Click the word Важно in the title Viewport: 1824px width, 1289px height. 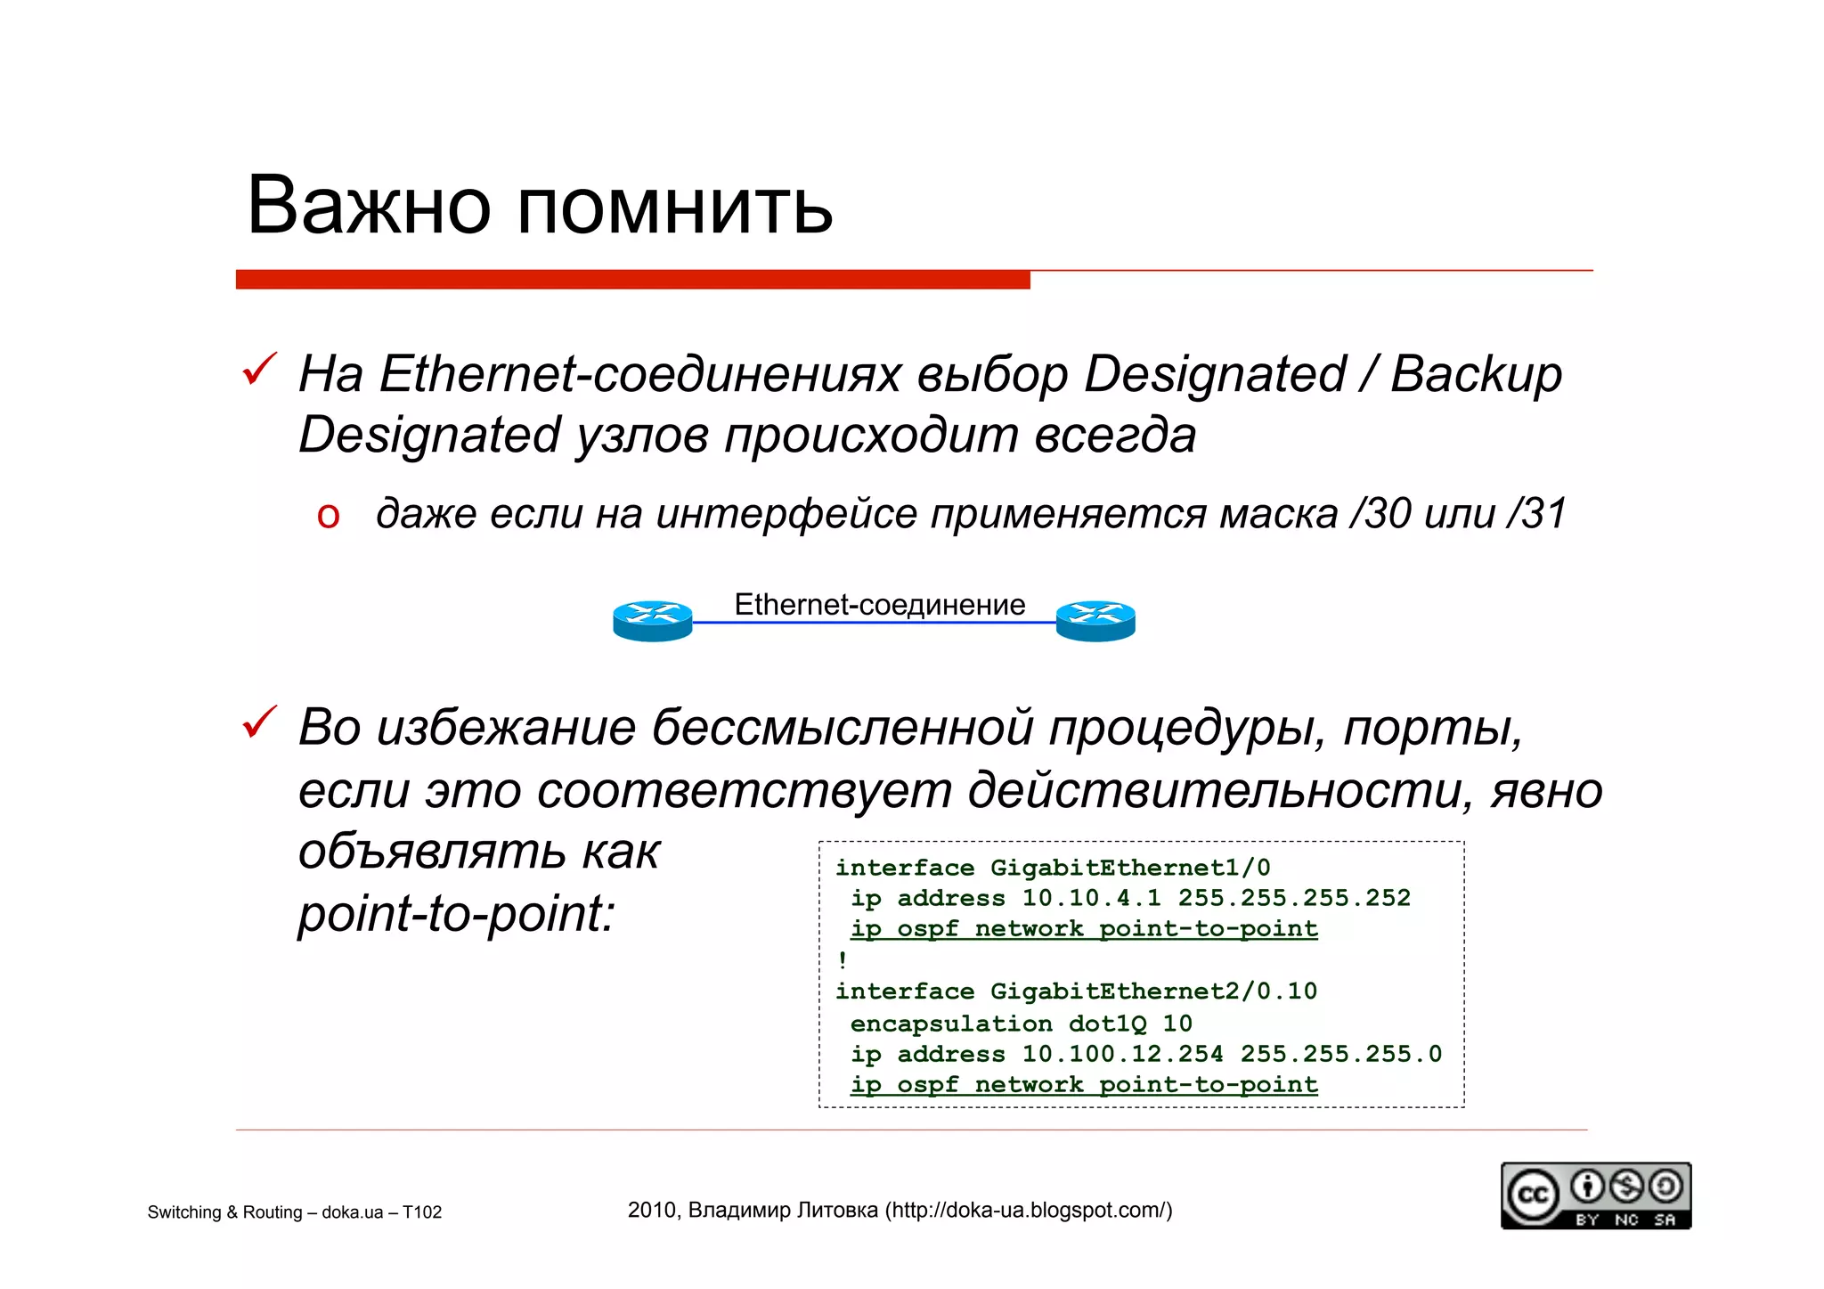click(369, 206)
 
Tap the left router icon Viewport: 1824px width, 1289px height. click(652, 621)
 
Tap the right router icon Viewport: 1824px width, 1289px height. click(1095, 621)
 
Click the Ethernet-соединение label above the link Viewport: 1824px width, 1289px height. click(879, 605)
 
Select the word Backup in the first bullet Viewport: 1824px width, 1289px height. click(1476, 374)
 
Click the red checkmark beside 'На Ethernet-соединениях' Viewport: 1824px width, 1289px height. click(259, 369)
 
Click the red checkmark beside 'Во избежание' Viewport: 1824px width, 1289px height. click(259, 722)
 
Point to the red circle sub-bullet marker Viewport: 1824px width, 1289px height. click(328, 516)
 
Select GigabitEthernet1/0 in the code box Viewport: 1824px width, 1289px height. click(1129, 868)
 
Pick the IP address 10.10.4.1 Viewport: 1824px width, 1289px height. click(1091, 898)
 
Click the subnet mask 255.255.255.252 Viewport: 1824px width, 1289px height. click(1294, 898)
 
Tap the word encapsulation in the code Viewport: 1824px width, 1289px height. click(950, 1024)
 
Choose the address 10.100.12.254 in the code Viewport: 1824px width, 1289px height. click(1122, 1054)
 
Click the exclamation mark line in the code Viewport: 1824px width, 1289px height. click(843, 960)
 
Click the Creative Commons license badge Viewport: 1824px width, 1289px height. click(1595, 1195)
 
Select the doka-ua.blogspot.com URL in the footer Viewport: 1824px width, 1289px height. click(1028, 1211)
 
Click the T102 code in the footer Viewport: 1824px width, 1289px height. click(421, 1212)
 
